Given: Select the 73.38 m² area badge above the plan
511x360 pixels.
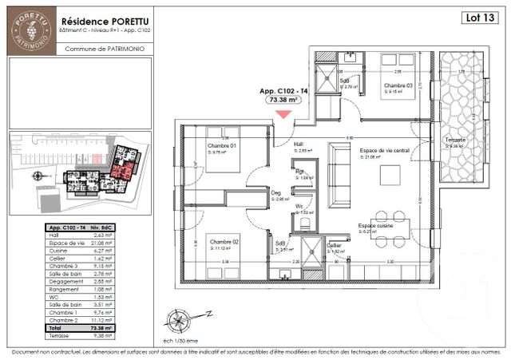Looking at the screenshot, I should tap(283, 101).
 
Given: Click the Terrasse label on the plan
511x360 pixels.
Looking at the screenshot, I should tap(456, 140).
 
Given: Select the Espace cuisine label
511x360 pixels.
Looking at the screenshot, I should tap(376, 225).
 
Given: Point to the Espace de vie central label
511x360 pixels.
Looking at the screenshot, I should tap(384, 151).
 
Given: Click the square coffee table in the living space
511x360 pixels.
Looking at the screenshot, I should tap(391, 174).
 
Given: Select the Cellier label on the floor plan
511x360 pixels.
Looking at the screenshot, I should tap(334, 245).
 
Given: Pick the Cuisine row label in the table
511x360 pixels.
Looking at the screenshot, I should tap(59, 247).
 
